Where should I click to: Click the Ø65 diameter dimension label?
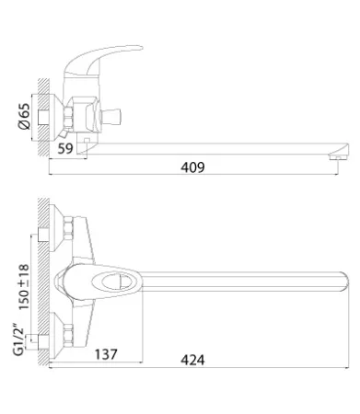pyautogui.click(x=25, y=116)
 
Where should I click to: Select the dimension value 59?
pyautogui.click(x=65, y=148)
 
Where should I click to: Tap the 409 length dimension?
pyautogui.click(x=192, y=167)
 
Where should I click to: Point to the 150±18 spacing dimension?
pyautogui.click(x=24, y=287)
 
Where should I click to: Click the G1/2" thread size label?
pyautogui.click(x=18, y=339)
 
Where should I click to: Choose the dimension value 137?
pyautogui.click(x=106, y=354)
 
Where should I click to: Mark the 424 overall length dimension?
pyautogui.click(x=192, y=360)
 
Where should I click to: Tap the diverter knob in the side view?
pyautogui.click(x=110, y=117)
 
